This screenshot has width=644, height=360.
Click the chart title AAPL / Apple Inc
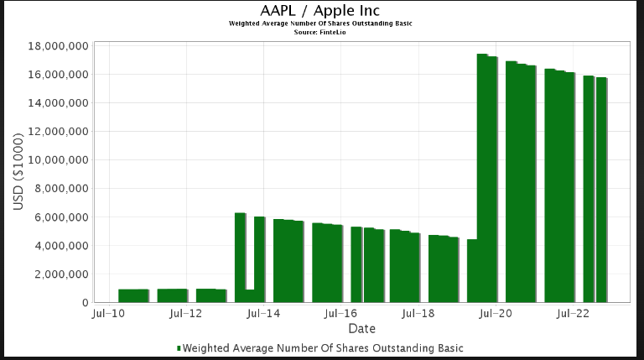click(x=320, y=10)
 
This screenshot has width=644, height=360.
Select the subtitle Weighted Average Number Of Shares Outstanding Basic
click(x=320, y=23)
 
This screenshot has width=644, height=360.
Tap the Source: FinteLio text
click(x=320, y=32)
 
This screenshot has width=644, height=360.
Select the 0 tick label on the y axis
click(x=85, y=303)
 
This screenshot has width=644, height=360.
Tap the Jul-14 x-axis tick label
click(x=262, y=315)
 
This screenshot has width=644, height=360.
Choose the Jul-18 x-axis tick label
click(x=418, y=315)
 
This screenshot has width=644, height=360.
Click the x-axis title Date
click(x=361, y=328)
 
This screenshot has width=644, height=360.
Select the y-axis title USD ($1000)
click(x=19, y=173)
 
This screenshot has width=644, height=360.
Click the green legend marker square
click(x=179, y=347)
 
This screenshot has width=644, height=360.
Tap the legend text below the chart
click(x=322, y=347)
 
